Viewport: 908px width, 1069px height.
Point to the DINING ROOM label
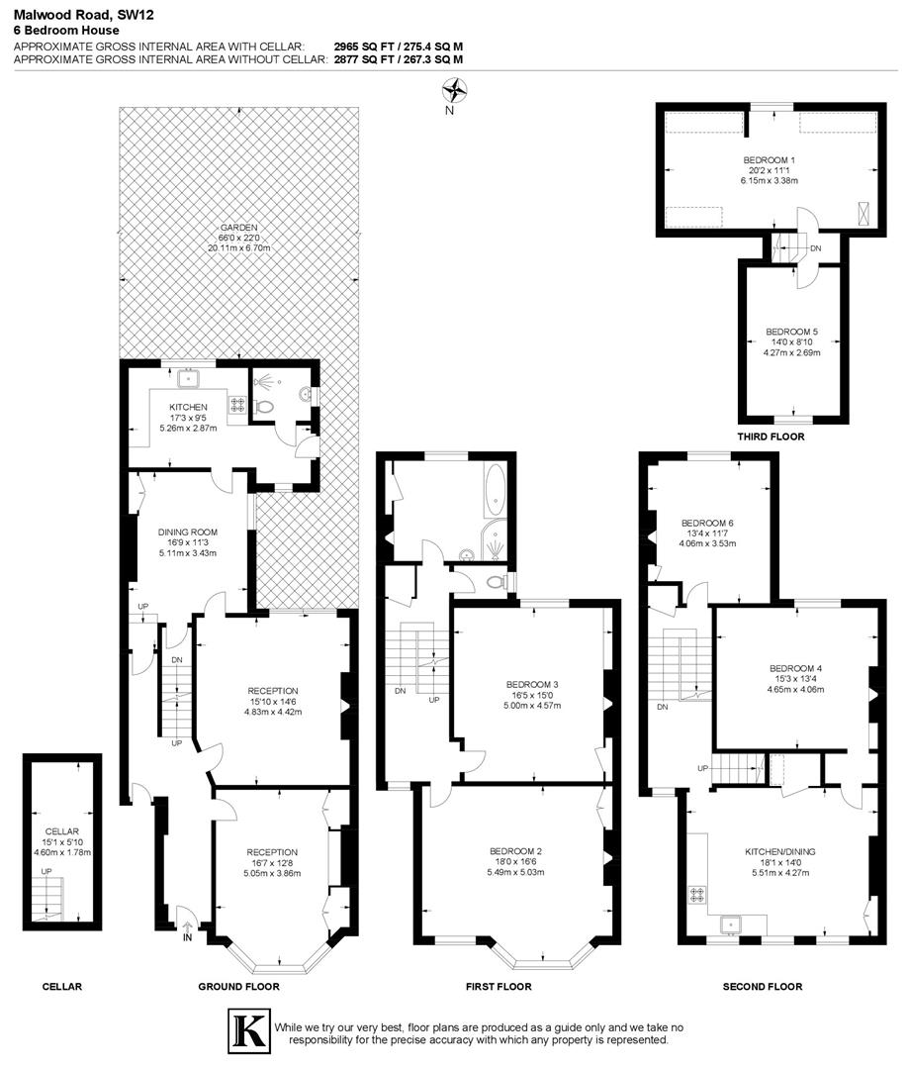[x=187, y=532]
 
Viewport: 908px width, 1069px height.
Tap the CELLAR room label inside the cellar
[x=61, y=832]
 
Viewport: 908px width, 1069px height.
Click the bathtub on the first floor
[x=494, y=488]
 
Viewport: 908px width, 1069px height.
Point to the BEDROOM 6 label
[x=707, y=523]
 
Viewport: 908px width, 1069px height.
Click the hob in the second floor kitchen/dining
[x=695, y=895]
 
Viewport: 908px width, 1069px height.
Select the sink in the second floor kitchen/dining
[x=733, y=924]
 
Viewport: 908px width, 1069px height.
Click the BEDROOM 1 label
[x=769, y=160]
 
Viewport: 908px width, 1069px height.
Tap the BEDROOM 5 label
[x=791, y=332]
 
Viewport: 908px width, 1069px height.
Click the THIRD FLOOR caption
[x=770, y=437]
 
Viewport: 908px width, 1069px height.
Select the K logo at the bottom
[x=247, y=1029]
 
